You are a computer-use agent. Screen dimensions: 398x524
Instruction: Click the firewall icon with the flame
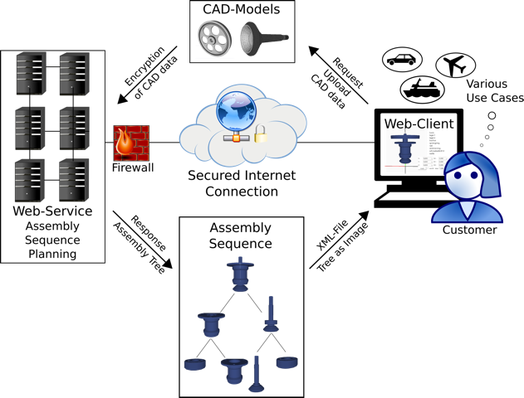click(131, 143)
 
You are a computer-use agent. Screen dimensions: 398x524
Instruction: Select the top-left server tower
click(28, 75)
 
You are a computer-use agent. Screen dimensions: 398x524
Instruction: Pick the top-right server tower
click(71, 75)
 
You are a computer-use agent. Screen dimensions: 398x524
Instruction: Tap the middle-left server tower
click(27, 130)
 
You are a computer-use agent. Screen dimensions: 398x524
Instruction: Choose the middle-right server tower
click(71, 130)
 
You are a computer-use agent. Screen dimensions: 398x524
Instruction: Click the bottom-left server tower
click(27, 182)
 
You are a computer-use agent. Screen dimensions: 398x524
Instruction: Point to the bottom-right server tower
click(71, 182)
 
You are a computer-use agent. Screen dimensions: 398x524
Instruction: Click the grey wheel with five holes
click(214, 38)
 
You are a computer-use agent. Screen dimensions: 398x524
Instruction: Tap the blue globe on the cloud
click(236, 111)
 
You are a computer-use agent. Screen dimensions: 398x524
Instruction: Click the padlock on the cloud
click(261, 133)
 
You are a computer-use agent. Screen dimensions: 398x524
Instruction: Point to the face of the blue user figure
click(467, 178)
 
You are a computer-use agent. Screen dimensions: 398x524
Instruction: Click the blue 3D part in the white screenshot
click(404, 150)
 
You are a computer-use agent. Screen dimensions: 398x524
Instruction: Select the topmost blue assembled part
click(240, 274)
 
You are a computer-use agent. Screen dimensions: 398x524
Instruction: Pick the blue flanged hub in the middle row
click(212, 323)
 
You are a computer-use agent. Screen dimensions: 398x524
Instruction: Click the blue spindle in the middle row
click(271, 316)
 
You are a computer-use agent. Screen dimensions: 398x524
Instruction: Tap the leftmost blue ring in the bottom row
click(194, 364)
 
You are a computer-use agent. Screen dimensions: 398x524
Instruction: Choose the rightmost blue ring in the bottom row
click(286, 362)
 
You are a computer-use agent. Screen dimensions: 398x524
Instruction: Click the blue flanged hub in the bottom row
click(234, 370)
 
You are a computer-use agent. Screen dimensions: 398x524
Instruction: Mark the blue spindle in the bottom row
click(256, 376)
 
